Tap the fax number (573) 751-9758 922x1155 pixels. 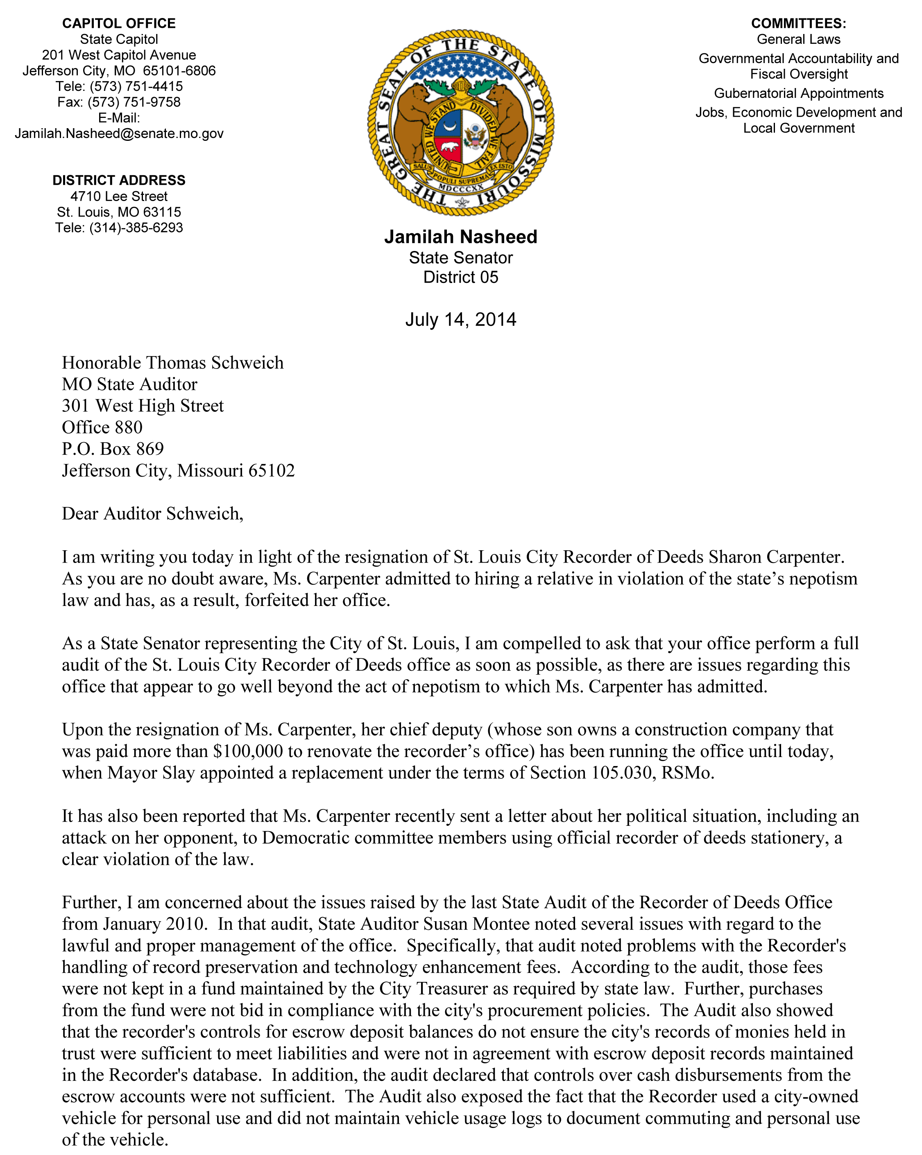(x=134, y=102)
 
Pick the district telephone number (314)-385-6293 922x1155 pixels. (x=136, y=228)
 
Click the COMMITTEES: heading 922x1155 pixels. (x=798, y=24)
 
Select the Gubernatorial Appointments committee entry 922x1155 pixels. (x=798, y=93)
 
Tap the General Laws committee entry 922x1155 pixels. (x=798, y=40)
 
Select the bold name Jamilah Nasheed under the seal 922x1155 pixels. (x=460, y=237)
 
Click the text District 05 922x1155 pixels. (x=460, y=278)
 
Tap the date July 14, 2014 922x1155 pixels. (x=460, y=320)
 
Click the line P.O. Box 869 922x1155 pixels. (x=113, y=449)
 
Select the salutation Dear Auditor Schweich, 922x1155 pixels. (x=152, y=514)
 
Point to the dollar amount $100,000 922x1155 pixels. (x=248, y=751)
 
